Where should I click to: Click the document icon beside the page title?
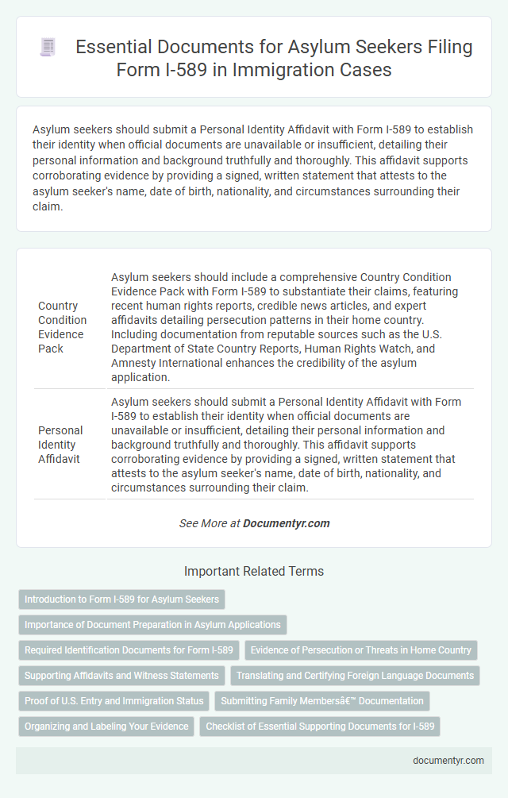47,48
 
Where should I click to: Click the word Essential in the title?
108,48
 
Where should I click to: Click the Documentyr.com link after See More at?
287,523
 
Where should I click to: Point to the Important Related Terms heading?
254,571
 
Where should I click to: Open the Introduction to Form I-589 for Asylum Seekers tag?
122,599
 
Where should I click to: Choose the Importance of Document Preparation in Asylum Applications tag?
152,624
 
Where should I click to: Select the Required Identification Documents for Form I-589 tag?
129,650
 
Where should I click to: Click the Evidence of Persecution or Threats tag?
361,650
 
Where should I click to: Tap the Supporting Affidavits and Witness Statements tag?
121,676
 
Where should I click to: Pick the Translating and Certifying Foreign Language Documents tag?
355,676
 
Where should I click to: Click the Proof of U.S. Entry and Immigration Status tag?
114,701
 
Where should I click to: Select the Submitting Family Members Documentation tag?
322,701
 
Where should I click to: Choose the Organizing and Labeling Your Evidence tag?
106,727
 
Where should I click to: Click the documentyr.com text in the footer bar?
448,760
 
